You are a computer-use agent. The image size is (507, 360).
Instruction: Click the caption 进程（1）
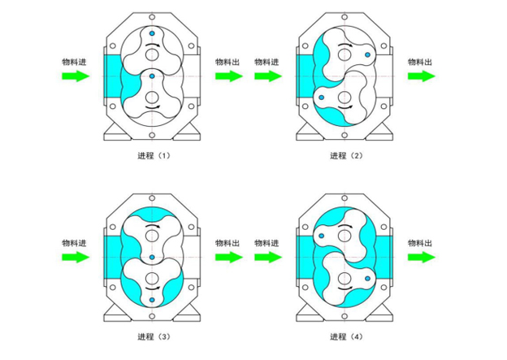point(154,156)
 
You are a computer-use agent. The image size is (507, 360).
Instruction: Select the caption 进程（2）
point(346,156)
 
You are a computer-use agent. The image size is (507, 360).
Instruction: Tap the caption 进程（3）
point(154,337)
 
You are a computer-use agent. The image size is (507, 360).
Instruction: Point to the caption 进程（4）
point(346,337)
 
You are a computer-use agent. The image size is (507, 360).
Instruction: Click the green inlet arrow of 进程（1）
point(76,76)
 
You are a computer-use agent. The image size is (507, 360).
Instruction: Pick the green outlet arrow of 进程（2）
point(422,76)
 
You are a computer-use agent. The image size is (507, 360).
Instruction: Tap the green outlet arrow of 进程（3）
point(229,258)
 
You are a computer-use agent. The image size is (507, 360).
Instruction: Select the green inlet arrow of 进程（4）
point(268,258)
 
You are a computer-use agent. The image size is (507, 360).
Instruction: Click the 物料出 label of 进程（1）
point(227,62)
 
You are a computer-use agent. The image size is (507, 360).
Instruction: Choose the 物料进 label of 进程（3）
point(74,243)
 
